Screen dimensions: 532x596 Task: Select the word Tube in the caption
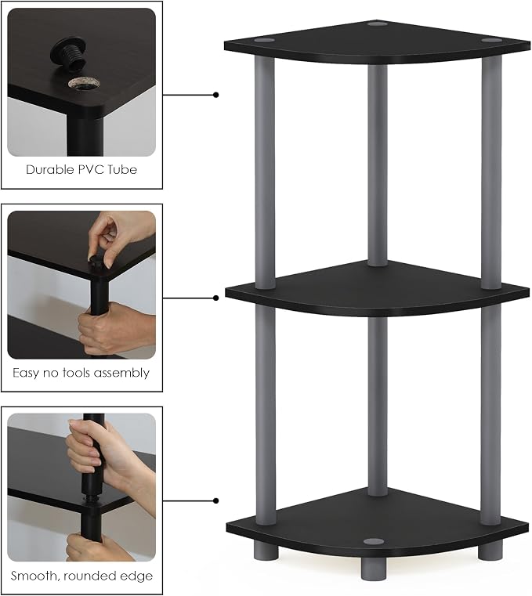pyautogui.click(x=122, y=169)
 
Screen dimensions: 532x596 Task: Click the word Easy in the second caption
pyautogui.click(x=26, y=373)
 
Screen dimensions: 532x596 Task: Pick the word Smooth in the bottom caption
pyautogui.click(x=34, y=576)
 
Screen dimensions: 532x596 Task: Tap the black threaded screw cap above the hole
pyautogui.click(x=68, y=52)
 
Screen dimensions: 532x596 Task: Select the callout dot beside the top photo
pyautogui.click(x=216, y=95)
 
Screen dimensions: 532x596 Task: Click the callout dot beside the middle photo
pyautogui.click(x=216, y=298)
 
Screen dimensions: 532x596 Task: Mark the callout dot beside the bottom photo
pyautogui.click(x=216, y=501)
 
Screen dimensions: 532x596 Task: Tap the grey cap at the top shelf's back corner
pyautogui.click(x=377, y=24)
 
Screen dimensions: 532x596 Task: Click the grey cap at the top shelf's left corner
pyautogui.click(x=264, y=39)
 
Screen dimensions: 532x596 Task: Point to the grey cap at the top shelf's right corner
pyautogui.click(x=492, y=40)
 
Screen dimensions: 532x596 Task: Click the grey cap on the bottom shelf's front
pyautogui.click(x=374, y=541)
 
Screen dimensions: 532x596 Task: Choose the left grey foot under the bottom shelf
pyautogui.click(x=266, y=551)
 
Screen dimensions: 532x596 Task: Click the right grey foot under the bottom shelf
pyautogui.click(x=490, y=551)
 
